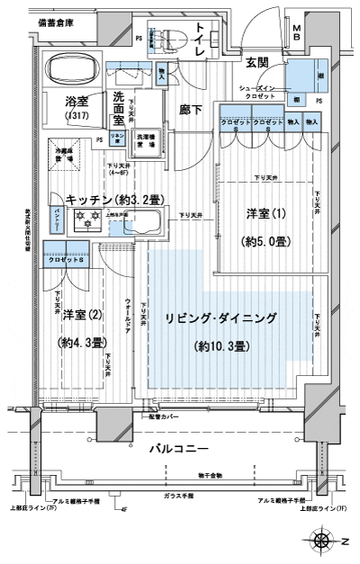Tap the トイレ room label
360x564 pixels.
point(200,40)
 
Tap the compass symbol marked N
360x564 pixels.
point(321,541)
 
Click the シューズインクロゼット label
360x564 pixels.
point(262,92)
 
